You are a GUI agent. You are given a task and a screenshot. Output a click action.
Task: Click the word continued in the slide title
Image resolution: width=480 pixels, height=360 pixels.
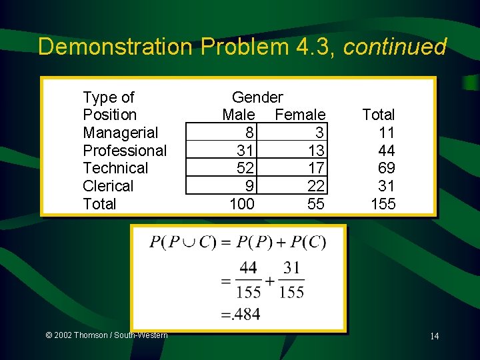point(395,47)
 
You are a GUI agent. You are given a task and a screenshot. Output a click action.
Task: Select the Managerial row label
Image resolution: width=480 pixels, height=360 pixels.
point(121,133)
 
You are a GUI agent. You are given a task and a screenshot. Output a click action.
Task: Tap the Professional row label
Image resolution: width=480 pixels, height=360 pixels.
point(125,151)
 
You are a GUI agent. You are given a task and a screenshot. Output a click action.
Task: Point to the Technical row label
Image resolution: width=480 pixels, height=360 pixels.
point(115,168)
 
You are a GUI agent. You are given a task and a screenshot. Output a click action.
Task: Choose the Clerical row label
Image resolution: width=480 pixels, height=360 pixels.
point(108,186)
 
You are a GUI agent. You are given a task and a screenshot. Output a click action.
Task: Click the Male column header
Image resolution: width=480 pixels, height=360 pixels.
point(239,115)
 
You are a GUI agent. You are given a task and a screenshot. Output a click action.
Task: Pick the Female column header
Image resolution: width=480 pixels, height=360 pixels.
point(300,115)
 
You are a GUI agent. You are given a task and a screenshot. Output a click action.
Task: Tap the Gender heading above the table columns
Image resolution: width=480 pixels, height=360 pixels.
point(257,97)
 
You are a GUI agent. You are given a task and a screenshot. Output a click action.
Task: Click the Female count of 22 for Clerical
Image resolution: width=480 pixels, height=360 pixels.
point(316,186)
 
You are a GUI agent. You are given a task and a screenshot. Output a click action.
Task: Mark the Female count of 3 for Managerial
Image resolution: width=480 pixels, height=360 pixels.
point(320,133)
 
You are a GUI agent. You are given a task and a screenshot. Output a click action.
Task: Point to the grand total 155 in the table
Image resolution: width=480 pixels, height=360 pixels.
point(383,204)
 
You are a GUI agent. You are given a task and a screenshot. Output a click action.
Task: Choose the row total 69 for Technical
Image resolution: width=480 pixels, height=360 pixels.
point(386,168)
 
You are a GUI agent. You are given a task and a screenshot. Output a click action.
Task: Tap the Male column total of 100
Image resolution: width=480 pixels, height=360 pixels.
point(241,204)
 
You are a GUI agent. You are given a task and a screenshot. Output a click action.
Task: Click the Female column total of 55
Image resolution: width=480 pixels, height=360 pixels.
point(316,204)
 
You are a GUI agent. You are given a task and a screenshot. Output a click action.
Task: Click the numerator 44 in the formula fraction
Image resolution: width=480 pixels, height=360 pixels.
point(249,268)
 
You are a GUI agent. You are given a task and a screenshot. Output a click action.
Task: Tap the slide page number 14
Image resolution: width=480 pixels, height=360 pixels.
point(434,336)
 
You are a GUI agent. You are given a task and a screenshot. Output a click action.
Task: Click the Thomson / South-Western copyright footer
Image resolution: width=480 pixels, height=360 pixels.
point(106,335)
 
